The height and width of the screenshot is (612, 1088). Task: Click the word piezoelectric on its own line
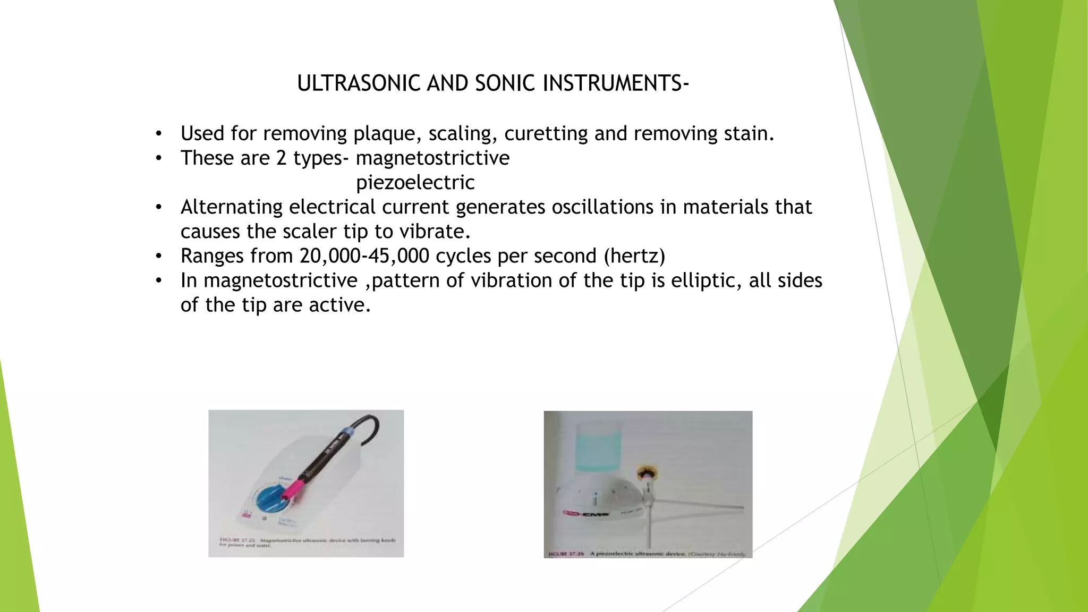pos(415,182)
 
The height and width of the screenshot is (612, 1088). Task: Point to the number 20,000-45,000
pos(364,256)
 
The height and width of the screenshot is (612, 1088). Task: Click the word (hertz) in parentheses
pos(634,256)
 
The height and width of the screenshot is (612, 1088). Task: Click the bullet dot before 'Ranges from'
pos(158,256)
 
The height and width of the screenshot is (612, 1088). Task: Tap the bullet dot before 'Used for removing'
pos(158,133)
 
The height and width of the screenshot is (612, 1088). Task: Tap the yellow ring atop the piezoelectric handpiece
pos(648,472)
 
